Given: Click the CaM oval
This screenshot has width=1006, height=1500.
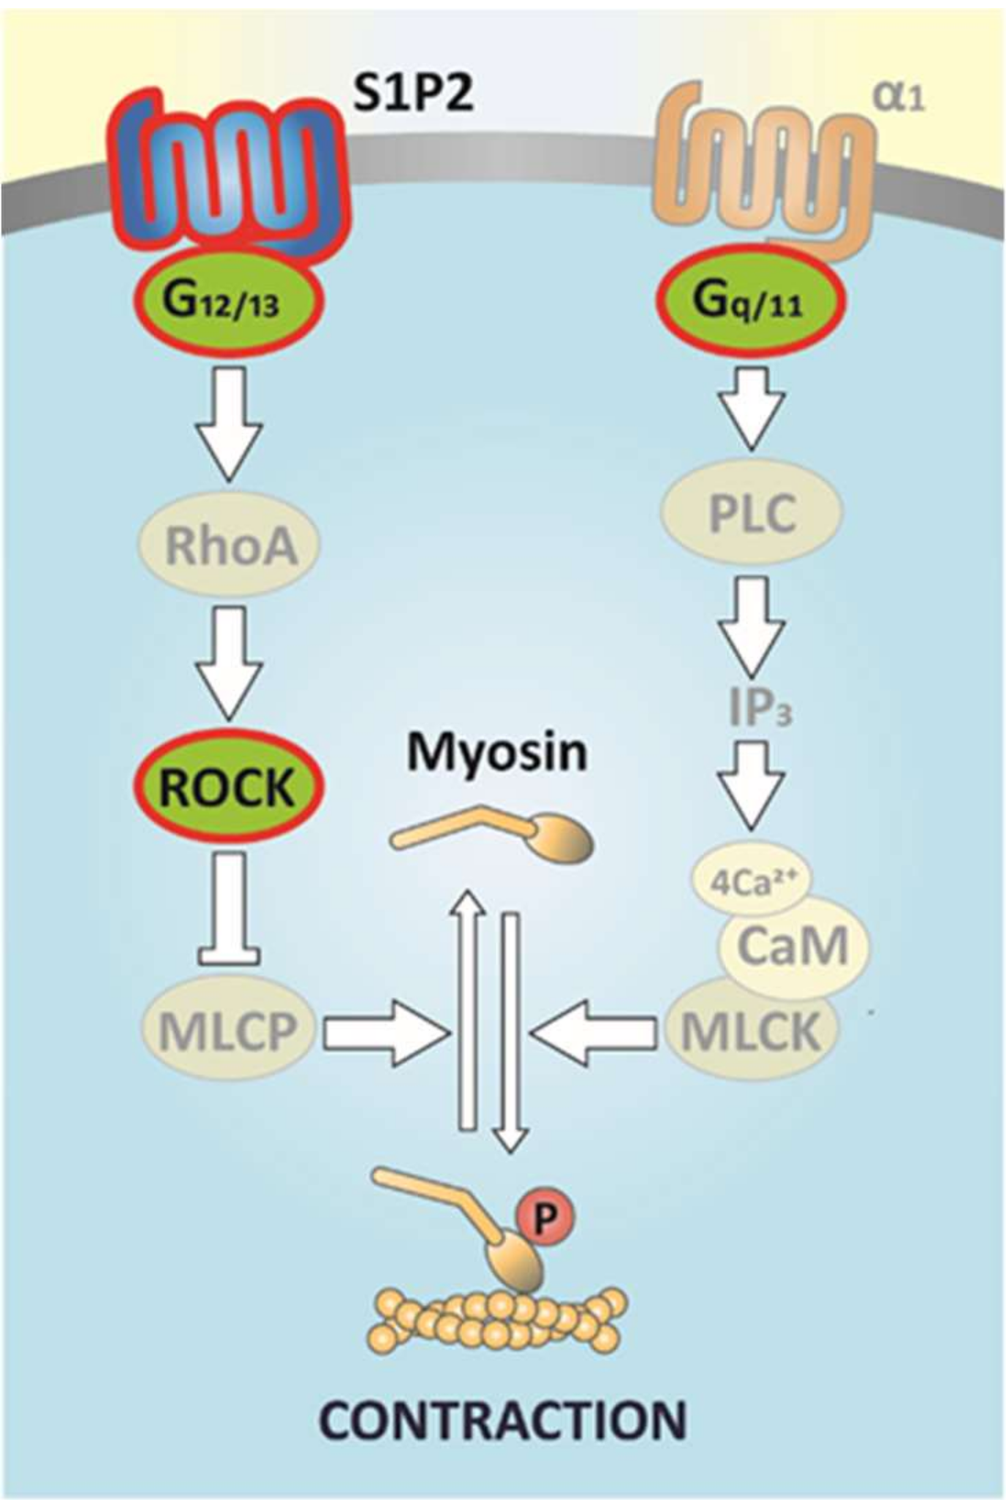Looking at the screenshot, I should point(793,947).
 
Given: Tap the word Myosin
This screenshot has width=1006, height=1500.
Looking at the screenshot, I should point(497,753).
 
